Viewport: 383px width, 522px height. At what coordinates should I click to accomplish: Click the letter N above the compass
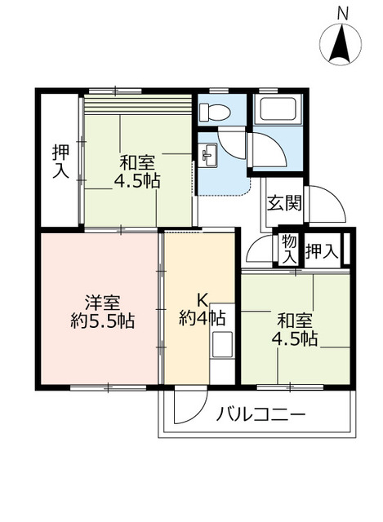pyautogui.click(x=343, y=12)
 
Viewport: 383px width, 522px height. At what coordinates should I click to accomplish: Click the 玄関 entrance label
pyautogui.click(x=283, y=201)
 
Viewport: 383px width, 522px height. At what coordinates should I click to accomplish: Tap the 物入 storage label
pyautogui.click(x=289, y=250)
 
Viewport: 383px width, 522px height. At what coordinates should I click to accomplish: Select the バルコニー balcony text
pyautogui.click(x=261, y=415)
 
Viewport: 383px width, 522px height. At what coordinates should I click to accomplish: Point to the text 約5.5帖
pyautogui.click(x=102, y=321)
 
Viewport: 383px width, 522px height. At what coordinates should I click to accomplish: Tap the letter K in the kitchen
pyautogui.click(x=202, y=298)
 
